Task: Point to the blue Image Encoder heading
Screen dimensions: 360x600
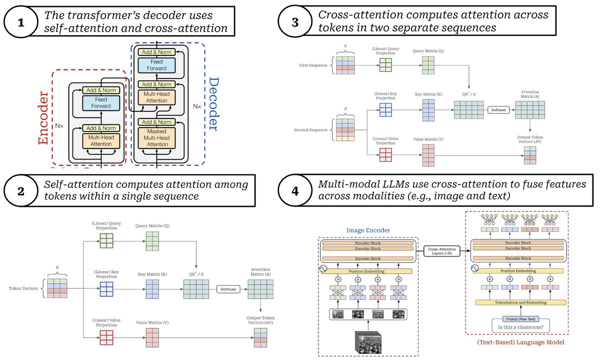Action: click(368, 230)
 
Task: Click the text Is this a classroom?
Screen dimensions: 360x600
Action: click(520, 328)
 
